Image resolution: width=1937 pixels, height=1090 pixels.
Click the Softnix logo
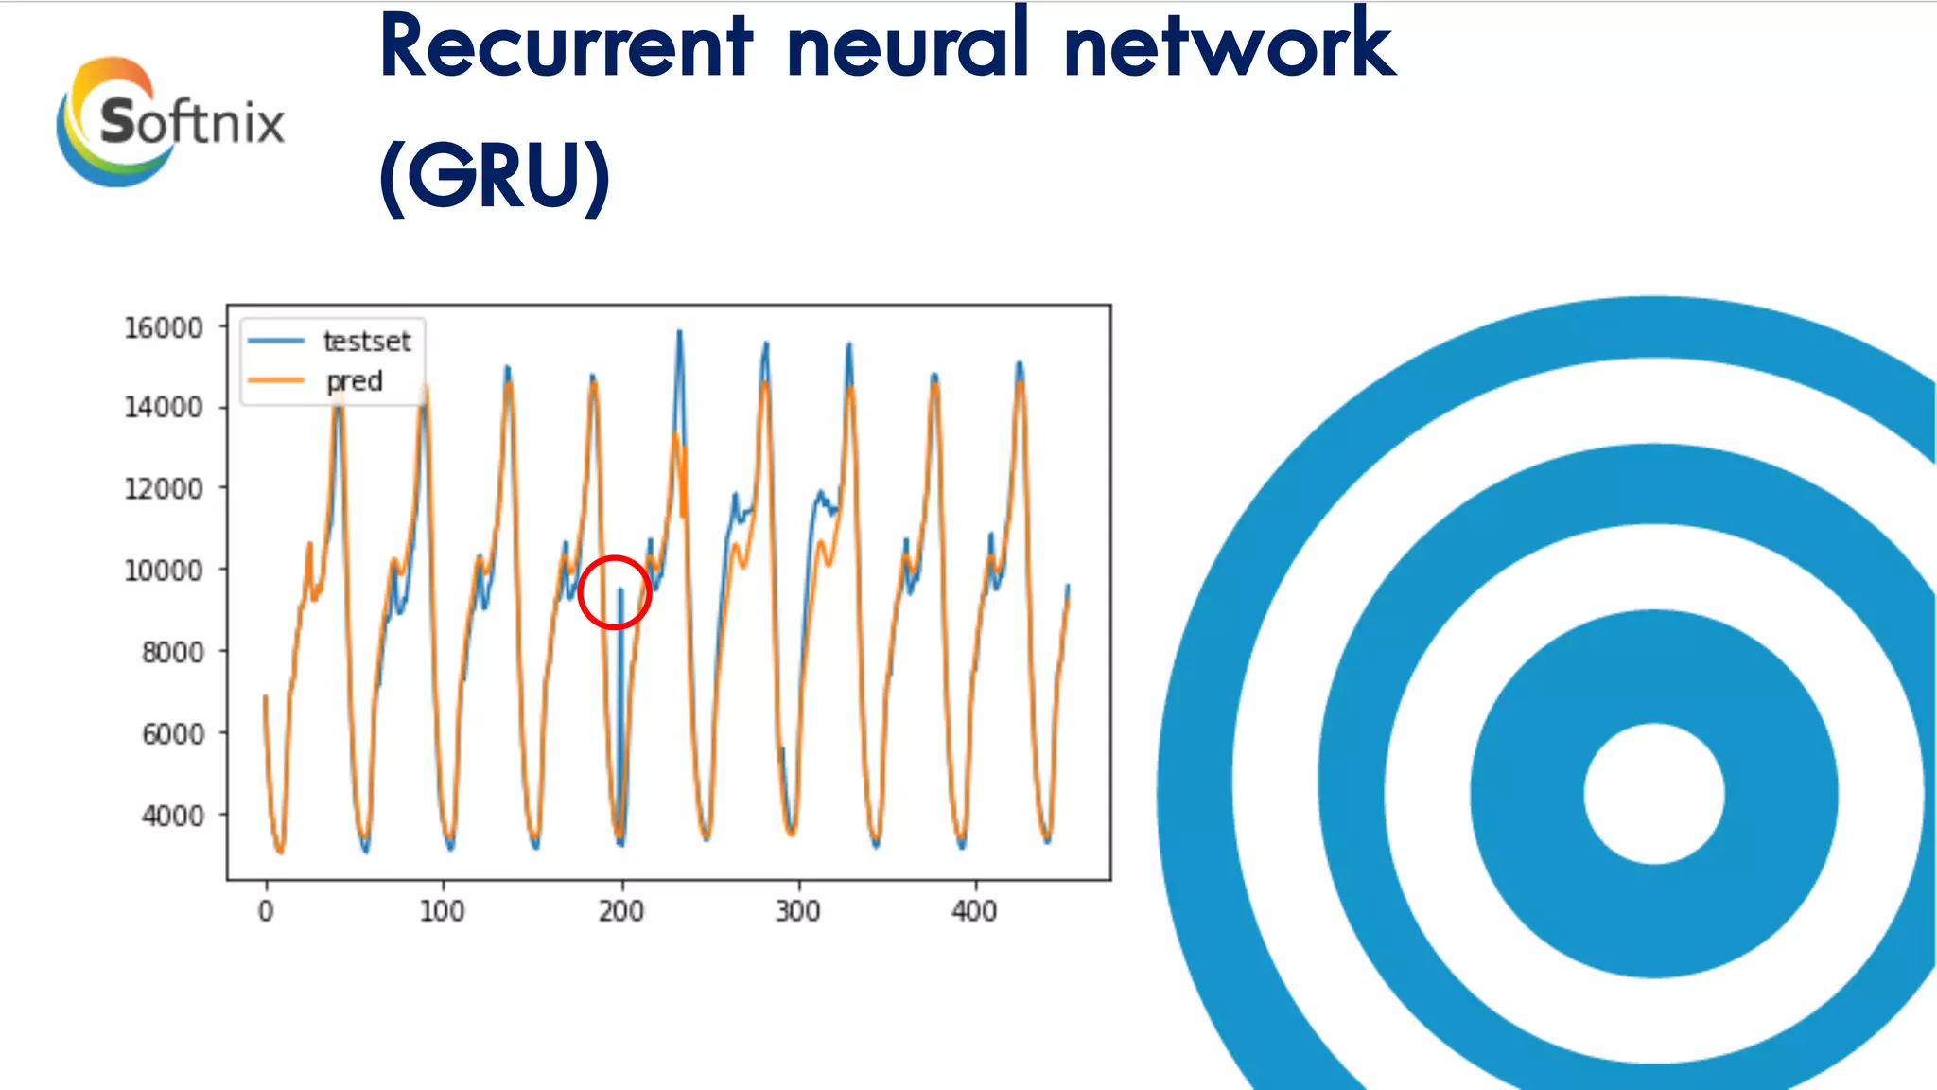(170, 121)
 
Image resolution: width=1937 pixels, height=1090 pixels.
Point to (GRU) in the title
(495, 176)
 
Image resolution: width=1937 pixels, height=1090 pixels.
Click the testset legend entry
(365, 341)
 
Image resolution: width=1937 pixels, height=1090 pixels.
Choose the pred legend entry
(354, 381)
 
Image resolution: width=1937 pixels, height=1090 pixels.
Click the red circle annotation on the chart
(615, 592)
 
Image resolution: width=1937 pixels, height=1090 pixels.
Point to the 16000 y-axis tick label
(164, 327)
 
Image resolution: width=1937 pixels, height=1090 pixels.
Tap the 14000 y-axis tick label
(164, 407)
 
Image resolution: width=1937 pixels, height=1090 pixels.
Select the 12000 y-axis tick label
(164, 488)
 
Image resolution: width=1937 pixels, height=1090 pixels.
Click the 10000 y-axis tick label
(164, 571)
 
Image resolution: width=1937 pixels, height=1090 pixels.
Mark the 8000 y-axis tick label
(172, 652)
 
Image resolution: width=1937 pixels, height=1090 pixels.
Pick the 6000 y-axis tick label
(172, 733)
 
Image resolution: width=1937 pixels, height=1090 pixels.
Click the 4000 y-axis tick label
(172, 816)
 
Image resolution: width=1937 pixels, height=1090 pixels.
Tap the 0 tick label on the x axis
(266, 911)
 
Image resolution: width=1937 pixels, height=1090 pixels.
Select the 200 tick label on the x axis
(620, 911)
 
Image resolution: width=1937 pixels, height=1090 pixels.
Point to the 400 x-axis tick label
(974, 911)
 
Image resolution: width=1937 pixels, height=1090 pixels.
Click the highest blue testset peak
(679, 332)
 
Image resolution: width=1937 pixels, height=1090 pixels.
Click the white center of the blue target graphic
(1653, 793)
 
